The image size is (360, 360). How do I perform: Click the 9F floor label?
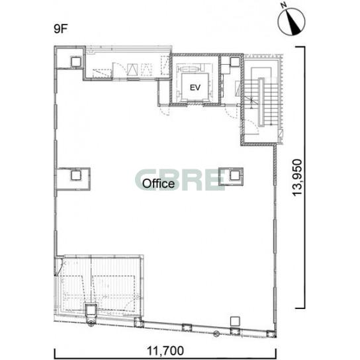click(x=61, y=29)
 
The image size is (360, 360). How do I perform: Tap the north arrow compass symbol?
click(x=291, y=22)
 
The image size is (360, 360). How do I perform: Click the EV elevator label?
click(x=195, y=87)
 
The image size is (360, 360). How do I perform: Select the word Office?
click(x=158, y=183)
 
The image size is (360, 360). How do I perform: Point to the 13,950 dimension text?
click(x=297, y=177)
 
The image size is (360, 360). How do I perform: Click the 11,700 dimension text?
click(x=165, y=351)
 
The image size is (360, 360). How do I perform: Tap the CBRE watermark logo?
click(x=180, y=180)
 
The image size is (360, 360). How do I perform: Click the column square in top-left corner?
click(x=76, y=62)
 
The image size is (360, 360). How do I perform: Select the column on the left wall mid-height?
click(x=75, y=175)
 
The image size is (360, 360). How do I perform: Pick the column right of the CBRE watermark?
click(x=234, y=175)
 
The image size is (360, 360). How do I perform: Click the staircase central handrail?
click(x=261, y=103)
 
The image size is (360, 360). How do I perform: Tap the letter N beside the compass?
click(x=285, y=5)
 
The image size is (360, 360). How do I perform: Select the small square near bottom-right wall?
click(x=235, y=321)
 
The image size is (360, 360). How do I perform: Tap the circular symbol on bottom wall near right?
click(x=216, y=334)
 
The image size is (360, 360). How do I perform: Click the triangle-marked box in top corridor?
click(x=132, y=69)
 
